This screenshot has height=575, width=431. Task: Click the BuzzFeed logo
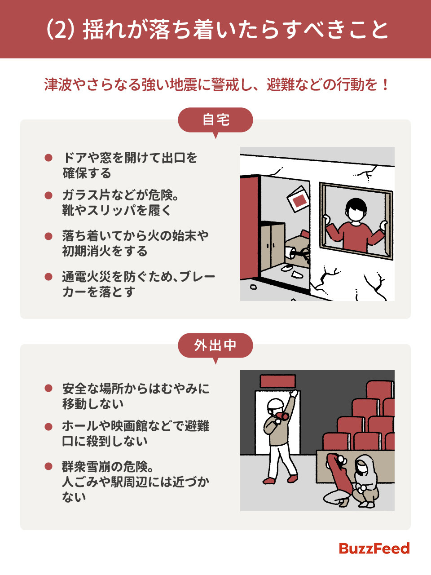[374, 548]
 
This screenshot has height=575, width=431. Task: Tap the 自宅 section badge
[215, 120]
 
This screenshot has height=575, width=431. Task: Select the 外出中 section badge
[215, 345]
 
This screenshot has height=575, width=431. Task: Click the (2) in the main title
[60, 30]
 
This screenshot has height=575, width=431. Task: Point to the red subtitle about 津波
[215, 84]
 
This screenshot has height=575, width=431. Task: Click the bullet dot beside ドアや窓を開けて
[48, 158]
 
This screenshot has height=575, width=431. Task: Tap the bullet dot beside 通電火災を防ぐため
[48, 277]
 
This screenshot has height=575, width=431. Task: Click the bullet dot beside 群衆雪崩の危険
[48, 466]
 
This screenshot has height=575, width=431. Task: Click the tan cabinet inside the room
[273, 245]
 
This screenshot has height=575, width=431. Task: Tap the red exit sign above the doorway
[277, 381]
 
